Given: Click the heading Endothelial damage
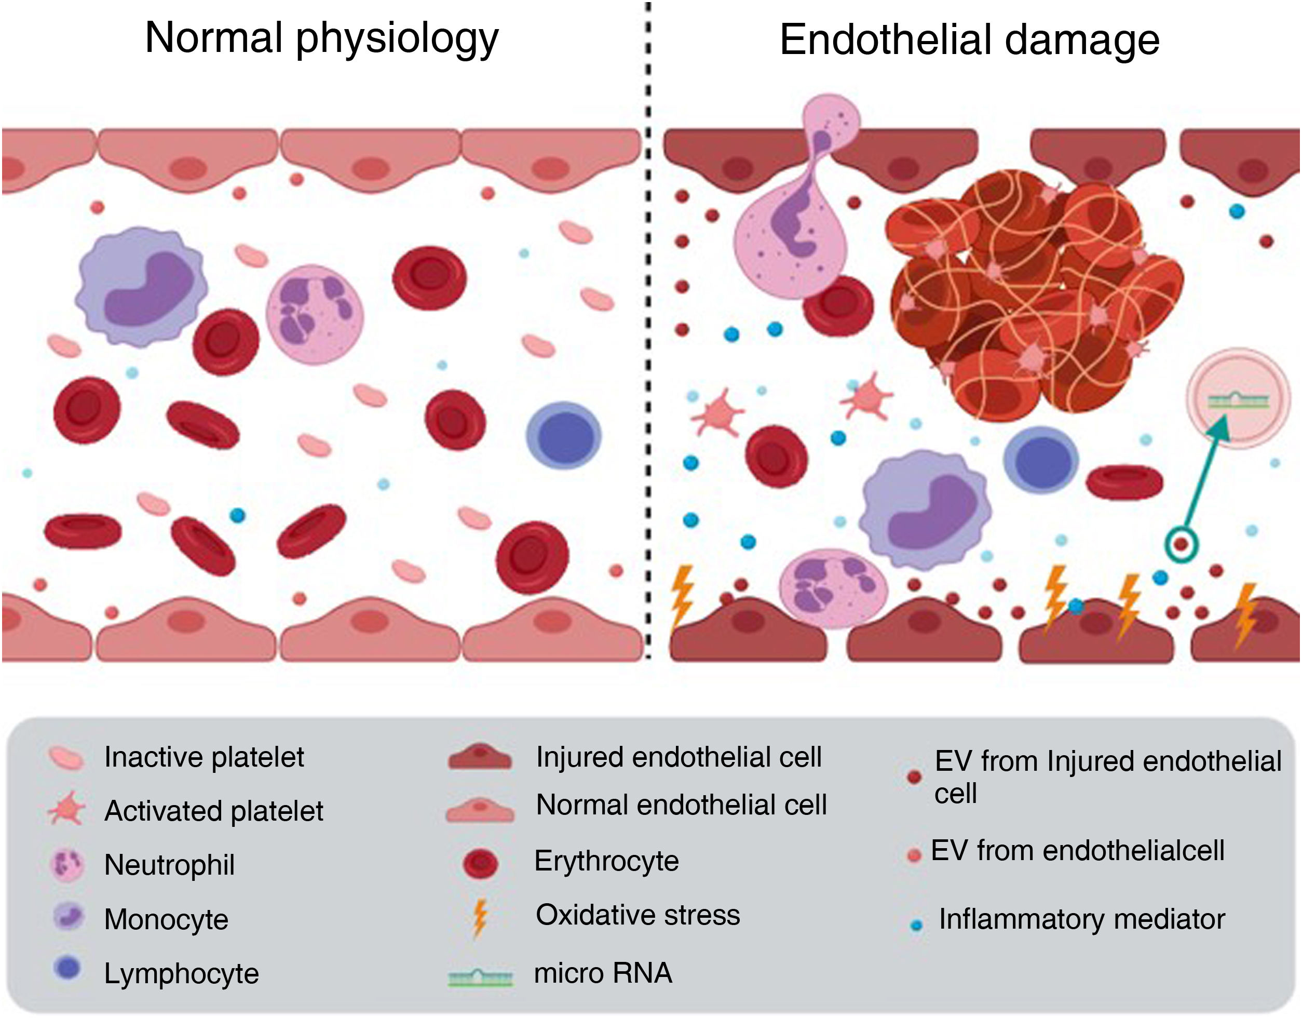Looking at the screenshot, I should click(x=969, y=40).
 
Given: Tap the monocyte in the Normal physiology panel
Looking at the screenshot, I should click(x=142, y=286).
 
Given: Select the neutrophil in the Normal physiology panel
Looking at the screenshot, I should click(x=314, y=314).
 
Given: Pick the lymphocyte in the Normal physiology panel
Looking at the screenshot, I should click(x=563, y=436).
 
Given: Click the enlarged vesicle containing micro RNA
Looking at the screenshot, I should click(x=1238, y=398).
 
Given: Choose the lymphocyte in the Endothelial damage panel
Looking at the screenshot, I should click(x=1041, y=459).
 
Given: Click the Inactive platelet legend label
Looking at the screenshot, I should click(x=204, y=757).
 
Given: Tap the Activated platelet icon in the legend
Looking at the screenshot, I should click(x=67, y=809).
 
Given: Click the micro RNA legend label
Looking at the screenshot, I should click(x=603, y=973).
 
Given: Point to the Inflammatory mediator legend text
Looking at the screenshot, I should click(x=1081, y=919).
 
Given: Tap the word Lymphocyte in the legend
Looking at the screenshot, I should click(x=181, y=973).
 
